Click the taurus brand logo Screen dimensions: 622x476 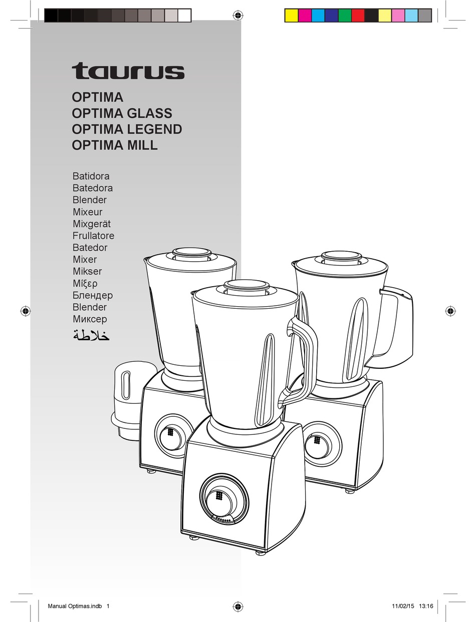(128, 71)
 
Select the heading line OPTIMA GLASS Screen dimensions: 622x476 (122, 113)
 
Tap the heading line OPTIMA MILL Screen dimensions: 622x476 (115, 145)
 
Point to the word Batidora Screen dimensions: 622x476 (91, 176)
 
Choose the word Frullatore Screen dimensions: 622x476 (93, 236)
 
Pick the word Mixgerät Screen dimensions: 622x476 (92, 224)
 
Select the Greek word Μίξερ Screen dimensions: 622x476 (86, 283)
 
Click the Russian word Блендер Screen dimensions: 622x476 (93, 295)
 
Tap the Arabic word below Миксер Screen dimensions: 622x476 (91, 335)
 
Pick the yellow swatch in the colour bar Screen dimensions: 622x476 (291, 16)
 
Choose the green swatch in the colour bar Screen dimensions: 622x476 (345, 16)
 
